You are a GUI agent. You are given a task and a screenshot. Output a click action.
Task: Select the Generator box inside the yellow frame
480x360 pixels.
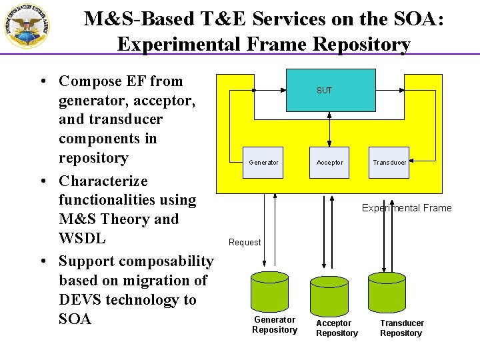(x=263, y=162)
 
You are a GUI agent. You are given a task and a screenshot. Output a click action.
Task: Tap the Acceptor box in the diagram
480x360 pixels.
(x=330, y=162)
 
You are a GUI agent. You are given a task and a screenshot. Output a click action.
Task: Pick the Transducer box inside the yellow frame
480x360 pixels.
(x=389, y=162)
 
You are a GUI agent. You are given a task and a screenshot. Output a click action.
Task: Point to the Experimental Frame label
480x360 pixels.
(x=406, y=208)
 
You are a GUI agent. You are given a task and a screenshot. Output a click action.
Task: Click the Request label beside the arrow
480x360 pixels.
(x=245, y=242)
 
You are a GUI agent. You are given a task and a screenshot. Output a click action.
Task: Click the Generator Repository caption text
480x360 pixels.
(x=275, y=325)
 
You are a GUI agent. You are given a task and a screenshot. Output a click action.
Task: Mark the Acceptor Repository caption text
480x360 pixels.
(x=337, y=328)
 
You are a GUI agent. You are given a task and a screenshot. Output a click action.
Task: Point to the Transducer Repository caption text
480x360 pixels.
(x=401, y=328)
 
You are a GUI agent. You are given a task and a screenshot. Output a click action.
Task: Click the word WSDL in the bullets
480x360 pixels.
(x=82, y=238)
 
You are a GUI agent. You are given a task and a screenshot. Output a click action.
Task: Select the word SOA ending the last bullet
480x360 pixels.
(x=75, y=319)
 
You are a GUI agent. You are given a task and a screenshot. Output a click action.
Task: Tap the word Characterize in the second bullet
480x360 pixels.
(x=103, y=181)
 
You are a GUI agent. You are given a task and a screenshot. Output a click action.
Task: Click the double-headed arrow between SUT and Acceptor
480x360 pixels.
(x=329, y=129)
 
